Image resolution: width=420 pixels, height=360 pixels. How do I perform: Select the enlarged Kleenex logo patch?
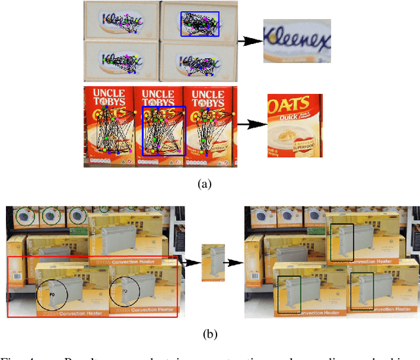(297, 41)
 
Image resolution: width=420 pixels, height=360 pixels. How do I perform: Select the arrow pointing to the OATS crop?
(250, 123)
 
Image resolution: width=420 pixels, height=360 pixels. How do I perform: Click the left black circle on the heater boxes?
(52, 293)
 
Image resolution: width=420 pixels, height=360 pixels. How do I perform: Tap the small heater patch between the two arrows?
(213, 263)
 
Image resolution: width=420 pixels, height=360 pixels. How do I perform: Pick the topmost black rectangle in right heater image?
(342, 242)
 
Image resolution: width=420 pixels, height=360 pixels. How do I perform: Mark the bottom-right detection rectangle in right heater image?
(362, 291)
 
